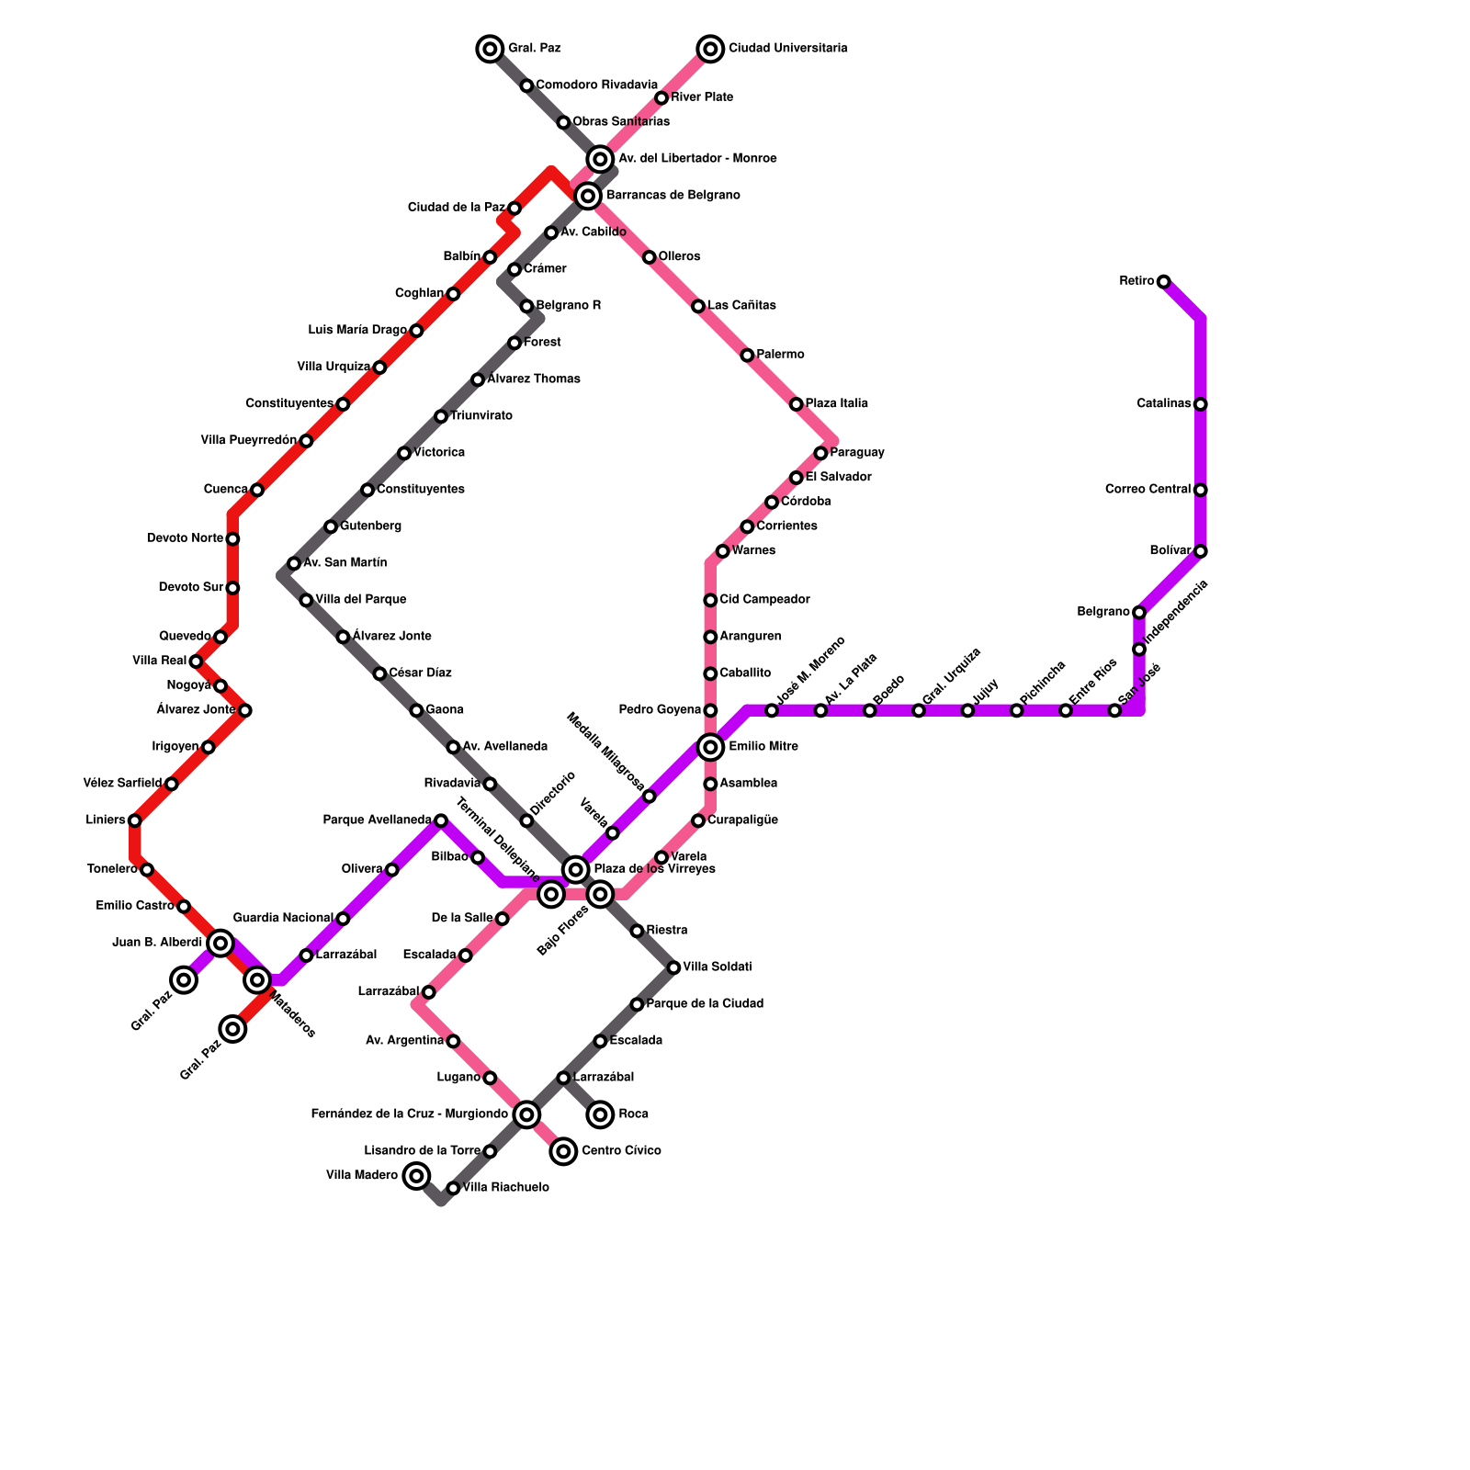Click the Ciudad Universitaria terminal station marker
[x=710, y=48]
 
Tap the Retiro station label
[x=1136, y=281]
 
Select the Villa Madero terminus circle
[x=417, y=1175]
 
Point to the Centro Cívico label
[x=621, y=1151]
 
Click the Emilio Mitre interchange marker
[x=710, y=747]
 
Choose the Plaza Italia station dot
[x=797, y=404]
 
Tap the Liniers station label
[x=105, y=820]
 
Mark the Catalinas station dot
[x=1201, y=404]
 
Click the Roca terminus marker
[x=601, y=1114]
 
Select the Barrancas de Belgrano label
[x=673, y=196]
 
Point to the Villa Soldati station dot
[x=674, y=967]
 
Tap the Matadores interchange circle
[x=257, y=980]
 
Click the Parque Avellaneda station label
[x=377, y=820]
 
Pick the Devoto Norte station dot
[x=233, y=538]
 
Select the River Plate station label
[x=701, y=97]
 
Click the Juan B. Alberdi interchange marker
[x=220, y=943]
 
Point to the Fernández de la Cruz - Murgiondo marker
[x=526, y=1114]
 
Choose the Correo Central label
[x=1148, y=490]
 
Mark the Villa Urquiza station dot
[x=379, y=367]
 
